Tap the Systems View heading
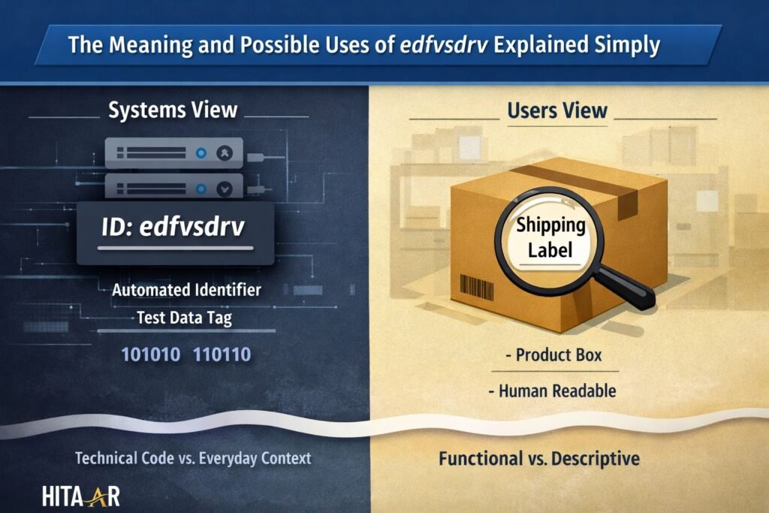pos(173,110)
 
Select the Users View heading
pos(557,110)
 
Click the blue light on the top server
pos(201,152)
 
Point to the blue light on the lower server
pos(201,188)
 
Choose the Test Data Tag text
pos(184,318)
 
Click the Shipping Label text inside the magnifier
pos(550,237)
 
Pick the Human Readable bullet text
pos(556,391)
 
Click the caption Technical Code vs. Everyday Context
pos(193,457)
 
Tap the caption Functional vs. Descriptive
pos(538,457)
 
